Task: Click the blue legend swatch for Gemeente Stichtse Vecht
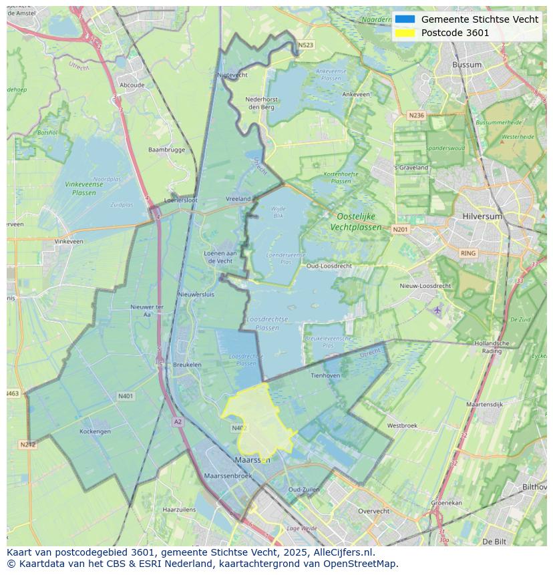(405, 19)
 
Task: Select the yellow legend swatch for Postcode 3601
(405, 33)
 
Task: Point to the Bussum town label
(466, 65)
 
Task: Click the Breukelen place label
(187, 365)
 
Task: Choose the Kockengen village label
(95, 431)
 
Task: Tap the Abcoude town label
(132, 85)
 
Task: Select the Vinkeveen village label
(69, 241)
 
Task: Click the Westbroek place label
(402, 425)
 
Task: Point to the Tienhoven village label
(325, 375)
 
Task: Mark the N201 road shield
(400, 230)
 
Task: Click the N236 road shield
(416, 116)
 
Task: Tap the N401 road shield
(126, 396)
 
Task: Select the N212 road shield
(27, 445)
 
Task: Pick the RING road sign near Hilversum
(468, 253)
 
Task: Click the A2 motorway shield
(178, 421)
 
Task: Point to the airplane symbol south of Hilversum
(437, 310)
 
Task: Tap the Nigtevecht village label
(232, 75)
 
